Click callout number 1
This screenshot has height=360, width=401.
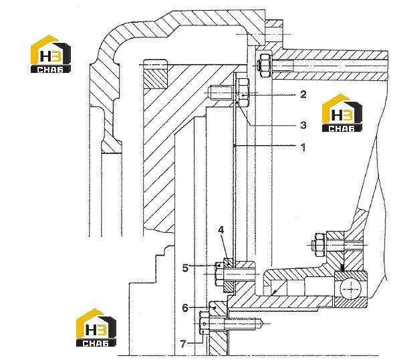[303, 147]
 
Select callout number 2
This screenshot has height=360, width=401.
[303, 94]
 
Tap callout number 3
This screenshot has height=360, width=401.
[303, 125]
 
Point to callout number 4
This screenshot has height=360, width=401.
[221, 230]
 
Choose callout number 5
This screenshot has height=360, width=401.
[185, 268]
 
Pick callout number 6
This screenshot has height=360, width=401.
[185, 308]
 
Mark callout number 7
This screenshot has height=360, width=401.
[183, 344]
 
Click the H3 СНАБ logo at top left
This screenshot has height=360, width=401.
[50, 54]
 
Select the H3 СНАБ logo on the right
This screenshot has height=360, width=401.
[342, 113]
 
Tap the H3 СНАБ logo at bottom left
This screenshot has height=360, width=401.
[96, 327]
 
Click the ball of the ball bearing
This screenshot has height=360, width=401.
[351, 289]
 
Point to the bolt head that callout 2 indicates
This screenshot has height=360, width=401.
[243, 93]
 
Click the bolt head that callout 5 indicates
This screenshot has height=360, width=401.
[219, 274]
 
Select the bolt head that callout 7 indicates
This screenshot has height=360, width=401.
[204, 324]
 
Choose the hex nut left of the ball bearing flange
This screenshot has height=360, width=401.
[319, 245]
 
